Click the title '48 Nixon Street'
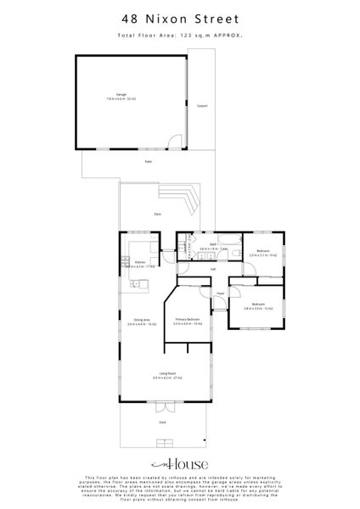click(180, 17)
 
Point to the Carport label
click(202, 105)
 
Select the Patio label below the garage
click(148, 162)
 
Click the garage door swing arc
click(172, 142)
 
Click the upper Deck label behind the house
click(158, 215)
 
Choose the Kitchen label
click(138, 264)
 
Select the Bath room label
click(213, 247)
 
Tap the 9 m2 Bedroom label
click(264, 252)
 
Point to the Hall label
click(212, 269)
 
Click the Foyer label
click(219, 294)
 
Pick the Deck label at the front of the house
click(163, 422)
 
